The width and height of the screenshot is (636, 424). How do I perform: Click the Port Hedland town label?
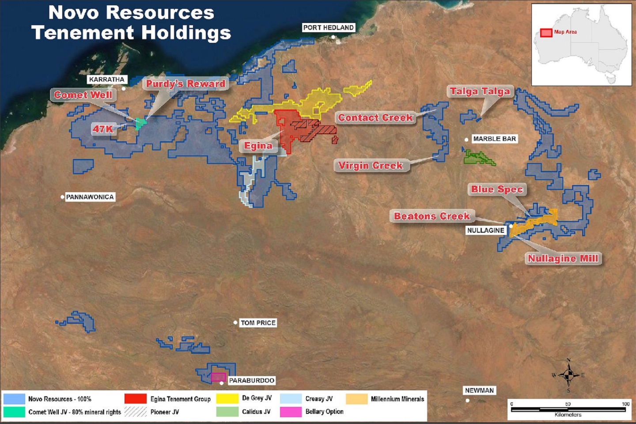point(328,27)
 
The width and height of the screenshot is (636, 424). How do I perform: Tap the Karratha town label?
point(107,79)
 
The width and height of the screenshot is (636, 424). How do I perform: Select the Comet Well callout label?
point(83,95)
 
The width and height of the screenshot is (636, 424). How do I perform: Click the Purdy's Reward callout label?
point(185,84)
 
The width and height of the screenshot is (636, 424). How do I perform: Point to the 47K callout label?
point(103,129)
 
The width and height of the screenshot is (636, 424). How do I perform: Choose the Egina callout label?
point(258,146)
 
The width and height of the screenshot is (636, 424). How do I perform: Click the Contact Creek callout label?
point(375,118)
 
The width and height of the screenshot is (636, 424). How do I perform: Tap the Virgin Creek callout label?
point(371,166)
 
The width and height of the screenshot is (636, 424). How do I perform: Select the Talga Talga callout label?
point(480,91)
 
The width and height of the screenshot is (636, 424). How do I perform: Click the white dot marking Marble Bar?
point(466,140)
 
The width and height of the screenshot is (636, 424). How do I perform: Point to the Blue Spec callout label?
point(497,189)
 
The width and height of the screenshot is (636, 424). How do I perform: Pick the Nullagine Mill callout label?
point(563,258)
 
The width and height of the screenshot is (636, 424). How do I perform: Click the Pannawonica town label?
point(90,197)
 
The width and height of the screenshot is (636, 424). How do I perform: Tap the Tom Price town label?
point(258,323)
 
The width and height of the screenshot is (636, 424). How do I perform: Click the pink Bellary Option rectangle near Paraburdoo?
point(218,377)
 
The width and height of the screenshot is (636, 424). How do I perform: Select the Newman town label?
point(479,390)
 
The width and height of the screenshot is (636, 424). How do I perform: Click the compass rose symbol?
point(568,375)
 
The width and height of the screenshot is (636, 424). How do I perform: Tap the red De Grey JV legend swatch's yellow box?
point(227,399)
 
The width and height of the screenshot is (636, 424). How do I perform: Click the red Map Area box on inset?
point(546,33)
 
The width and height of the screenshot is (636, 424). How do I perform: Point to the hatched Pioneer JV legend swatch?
point(136,412)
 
